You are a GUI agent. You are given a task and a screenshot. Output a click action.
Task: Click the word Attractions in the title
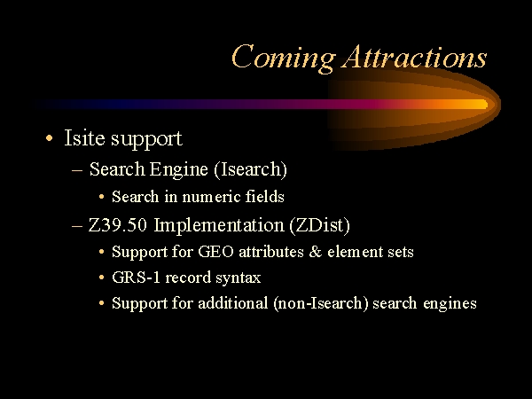tap(415, 57)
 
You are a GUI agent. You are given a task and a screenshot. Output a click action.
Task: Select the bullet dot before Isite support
tap(50, 138)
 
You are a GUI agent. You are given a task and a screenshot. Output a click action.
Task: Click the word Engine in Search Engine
tap(178, 169)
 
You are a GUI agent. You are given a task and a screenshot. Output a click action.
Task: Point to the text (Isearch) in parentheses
tap(251, 169)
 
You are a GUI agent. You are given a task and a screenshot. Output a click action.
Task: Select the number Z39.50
tap(118, 225)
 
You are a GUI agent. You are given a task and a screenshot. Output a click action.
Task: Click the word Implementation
tap(219, 225)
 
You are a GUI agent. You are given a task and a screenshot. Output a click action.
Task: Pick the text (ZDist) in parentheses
tap(320, 225)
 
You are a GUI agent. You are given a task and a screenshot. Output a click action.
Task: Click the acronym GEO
tap(215, 252)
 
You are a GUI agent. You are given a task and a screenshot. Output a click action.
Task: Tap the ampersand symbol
tap(316, 252)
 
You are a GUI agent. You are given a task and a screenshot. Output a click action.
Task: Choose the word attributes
tap(271, 252)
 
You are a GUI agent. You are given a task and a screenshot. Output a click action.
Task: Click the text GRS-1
tap(136, 278)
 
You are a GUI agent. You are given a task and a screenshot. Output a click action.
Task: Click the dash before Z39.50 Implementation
tap(77, 225)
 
